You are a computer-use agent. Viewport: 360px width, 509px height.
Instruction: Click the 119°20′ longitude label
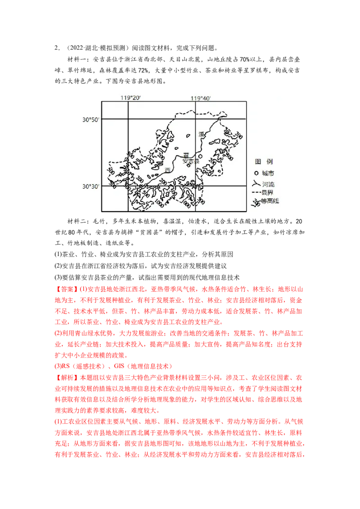130,98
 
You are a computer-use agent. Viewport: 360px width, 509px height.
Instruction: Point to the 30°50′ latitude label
90,119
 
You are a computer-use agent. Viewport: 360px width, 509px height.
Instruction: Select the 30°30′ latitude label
90,186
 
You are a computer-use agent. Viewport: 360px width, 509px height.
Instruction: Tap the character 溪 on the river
201,134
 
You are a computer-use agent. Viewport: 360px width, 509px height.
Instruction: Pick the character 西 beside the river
168,170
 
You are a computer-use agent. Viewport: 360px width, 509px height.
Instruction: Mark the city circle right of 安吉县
200,157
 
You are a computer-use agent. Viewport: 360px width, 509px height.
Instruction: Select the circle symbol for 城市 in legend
256,173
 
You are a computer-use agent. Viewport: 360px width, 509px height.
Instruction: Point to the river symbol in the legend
255,183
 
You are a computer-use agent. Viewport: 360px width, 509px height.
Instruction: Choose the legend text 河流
268,184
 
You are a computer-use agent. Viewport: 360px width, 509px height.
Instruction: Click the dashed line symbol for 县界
255,192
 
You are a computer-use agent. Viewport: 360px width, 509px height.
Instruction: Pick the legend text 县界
268,192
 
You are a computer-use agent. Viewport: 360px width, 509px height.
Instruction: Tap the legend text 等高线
270,201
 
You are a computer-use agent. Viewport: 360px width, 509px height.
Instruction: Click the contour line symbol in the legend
255,201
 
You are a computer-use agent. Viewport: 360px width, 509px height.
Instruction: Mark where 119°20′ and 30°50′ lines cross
128,119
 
